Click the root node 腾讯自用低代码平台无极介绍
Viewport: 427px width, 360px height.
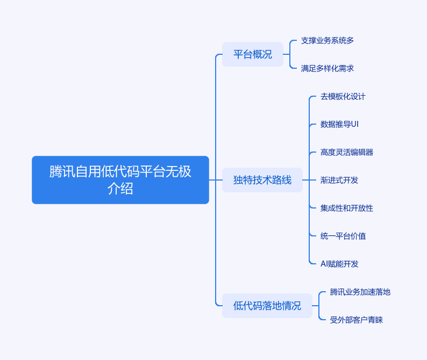(x=120, y=180)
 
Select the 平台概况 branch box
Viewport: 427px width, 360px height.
(x=253, y=54)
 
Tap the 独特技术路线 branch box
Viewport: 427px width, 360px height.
(x=262, y=180)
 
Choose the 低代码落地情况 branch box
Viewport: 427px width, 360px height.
(x=267, y=306)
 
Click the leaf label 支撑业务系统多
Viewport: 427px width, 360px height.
(x=328, y=40)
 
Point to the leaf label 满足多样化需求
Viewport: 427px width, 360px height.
(x=328, y=68)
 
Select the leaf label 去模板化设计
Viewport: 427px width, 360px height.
(x=343, y=96)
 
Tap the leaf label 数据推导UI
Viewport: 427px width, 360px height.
(x=339, y=124)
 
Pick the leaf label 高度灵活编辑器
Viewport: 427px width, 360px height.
(x=347, y=152)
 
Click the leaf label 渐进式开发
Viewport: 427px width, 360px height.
(x=339, y=180)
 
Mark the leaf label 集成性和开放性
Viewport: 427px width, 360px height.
(x=347, y=208)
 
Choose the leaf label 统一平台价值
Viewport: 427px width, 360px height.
(x=343, y=236)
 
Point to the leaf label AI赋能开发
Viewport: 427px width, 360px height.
(x=339, y=264)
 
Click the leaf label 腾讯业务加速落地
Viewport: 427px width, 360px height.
(x=360, y=292)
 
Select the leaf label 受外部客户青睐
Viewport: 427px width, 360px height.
(x=356, y=320)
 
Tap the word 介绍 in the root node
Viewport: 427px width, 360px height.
(x=120, y=188)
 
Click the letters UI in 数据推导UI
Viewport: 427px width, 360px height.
(x=354, y=124)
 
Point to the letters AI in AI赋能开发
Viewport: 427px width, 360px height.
(x=324, y=264)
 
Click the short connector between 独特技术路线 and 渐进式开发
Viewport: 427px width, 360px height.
(x=309, y=180)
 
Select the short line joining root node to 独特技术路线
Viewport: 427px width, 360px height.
(x=216, y=180)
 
